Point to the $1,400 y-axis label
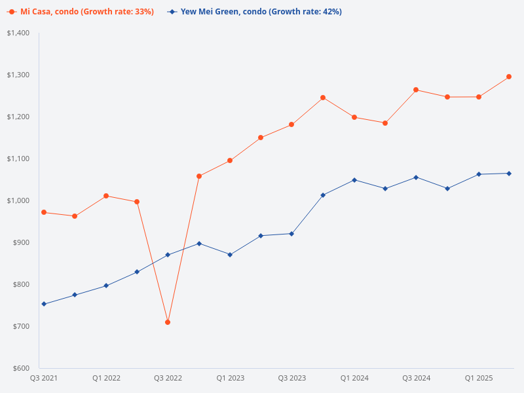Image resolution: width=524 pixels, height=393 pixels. (x=18, y=33)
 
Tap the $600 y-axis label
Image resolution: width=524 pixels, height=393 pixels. (x=21, y=368)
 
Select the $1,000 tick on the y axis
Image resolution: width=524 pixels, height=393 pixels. (x=18, y=200)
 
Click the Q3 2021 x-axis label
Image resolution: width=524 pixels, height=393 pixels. (x=43, y=379)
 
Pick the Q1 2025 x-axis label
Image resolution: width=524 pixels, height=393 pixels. (x=479, y=379)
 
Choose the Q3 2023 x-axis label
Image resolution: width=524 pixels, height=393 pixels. (x=292, y=379)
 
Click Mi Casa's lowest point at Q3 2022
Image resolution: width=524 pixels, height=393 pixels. (x=168, y=322)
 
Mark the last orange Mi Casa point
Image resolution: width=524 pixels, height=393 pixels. (x=510, y=77)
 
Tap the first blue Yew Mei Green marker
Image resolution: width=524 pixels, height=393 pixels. (x=44, y=304)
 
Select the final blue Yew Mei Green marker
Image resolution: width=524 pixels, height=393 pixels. (x=510, y=174)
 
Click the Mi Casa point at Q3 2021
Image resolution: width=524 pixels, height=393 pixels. (x=44, y=212)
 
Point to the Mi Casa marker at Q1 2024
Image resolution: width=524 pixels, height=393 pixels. (x=354, y=117)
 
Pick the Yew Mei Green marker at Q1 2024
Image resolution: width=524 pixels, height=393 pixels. (x=354, y=179)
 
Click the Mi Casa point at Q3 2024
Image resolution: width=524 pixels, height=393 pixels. (x=416, y=90)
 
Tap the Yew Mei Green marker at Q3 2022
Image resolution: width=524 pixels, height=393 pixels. (x=168, y=255)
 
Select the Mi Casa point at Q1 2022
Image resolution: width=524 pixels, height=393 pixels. (x=106, y=196)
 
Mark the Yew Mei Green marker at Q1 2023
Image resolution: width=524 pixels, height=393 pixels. (x=230, y=255)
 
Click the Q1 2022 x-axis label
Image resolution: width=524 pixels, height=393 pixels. (x=106, y=379)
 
